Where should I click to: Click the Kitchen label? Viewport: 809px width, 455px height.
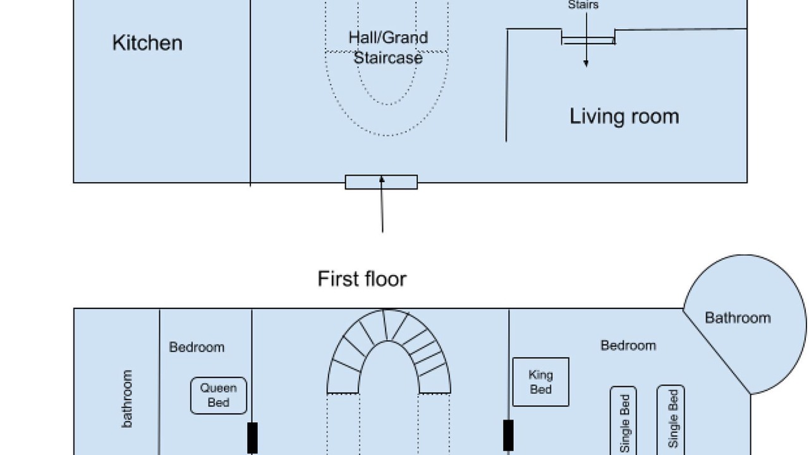click(x=147, y=43)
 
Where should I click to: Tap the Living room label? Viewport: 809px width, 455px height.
click(x=624, y=116)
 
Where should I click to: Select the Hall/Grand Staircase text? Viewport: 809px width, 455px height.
click(x=388, y=47)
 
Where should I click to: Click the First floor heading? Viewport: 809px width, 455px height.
click(x=362, y=279)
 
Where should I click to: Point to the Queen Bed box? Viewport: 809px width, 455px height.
click(x=219, y=396)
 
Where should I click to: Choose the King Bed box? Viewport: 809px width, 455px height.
click(x=540, y=382)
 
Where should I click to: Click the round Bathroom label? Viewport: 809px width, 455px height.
click(x=738, y=318)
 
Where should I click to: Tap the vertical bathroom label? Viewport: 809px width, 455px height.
click(x=127, y=399)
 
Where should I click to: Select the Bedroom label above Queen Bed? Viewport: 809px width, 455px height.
click(x=197, y=347)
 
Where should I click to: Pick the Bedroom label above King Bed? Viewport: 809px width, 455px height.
click(x=628, y=346)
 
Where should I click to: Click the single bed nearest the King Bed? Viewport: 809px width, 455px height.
click(x=623, y=421)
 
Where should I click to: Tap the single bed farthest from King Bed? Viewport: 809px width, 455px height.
click(x=671, y=420)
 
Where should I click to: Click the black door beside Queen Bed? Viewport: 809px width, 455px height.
click(x=252, y=438)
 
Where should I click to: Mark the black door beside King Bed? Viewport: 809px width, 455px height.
click(x=509, y=435)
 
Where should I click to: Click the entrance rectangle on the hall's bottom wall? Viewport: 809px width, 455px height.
click(x=381, y=182)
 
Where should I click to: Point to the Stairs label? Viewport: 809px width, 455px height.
click(x=583, y=4)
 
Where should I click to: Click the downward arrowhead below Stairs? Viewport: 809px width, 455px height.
click(x=586, y=64)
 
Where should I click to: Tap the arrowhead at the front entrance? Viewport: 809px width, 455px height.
click(x=382, y=179)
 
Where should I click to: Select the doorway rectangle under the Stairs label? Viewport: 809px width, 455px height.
click(x=588, y=40)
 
